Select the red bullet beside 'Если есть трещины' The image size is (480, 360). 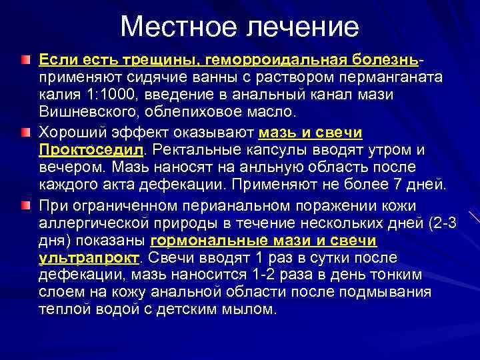click(25, 61)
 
